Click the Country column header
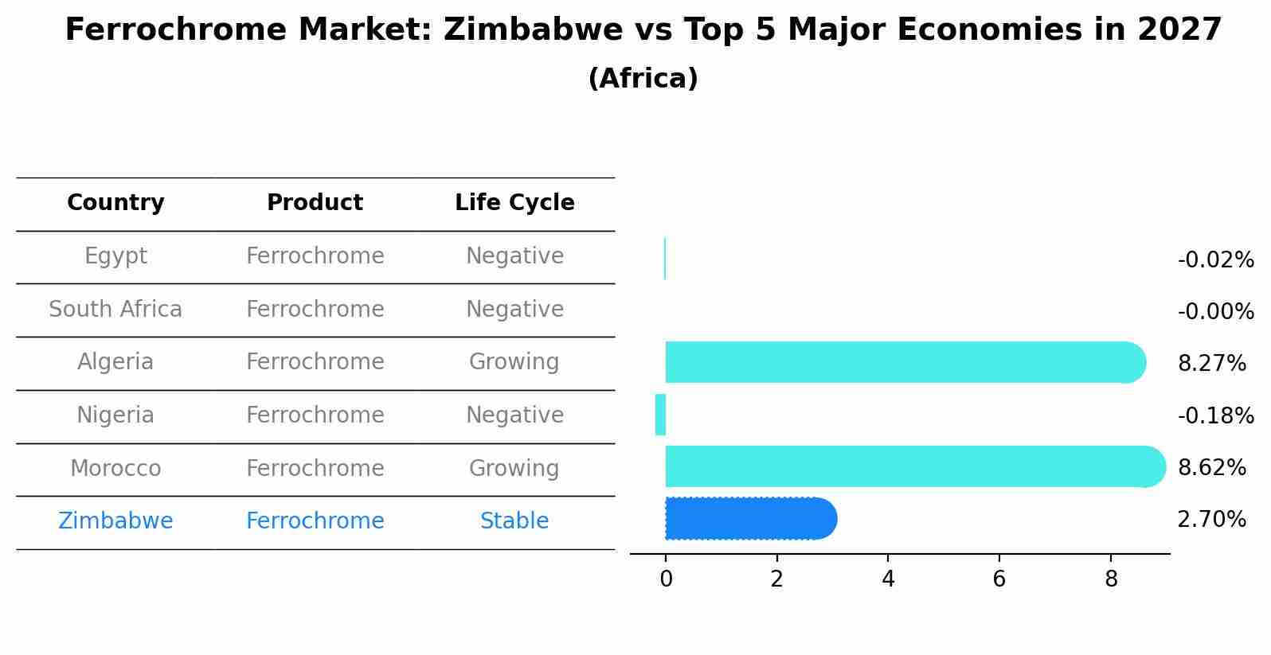115,203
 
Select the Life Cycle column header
514,203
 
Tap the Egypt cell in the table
115,256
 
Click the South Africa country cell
115,310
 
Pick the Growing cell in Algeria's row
514,362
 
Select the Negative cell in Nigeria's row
514,415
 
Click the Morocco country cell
115,469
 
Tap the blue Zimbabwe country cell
115,521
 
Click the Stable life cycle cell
514,521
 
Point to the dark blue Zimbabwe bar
749,519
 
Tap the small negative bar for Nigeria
660,415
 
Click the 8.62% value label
1211,467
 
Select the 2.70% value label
1211,520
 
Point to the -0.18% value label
1215,415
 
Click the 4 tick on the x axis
888,579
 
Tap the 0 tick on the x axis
666,579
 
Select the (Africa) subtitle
643,79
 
